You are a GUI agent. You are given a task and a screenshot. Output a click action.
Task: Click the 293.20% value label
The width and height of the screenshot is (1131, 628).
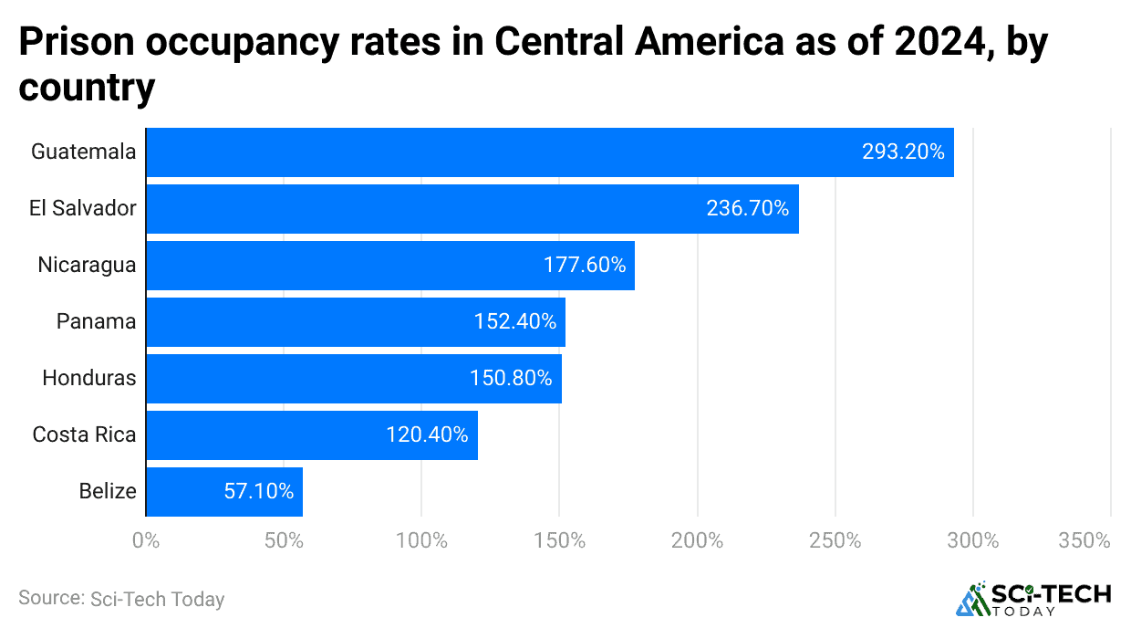tap(903, 152)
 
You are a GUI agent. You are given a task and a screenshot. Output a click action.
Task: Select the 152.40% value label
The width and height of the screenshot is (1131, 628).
tap(514, 322)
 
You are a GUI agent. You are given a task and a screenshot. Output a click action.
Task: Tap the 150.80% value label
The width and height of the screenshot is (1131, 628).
tap(511, 379)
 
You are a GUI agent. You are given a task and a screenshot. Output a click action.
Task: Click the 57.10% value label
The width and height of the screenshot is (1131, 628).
tap(259, 492)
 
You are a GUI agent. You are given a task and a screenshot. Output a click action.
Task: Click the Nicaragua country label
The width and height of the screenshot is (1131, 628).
tap(87, 266)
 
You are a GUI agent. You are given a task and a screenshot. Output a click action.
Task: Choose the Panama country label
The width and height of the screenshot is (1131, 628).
tap(96, 322)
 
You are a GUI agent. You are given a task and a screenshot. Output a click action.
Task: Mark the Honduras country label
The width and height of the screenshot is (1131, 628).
tap(89, 379)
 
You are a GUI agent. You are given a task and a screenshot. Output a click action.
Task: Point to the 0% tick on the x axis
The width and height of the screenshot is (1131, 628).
tap(146, 540)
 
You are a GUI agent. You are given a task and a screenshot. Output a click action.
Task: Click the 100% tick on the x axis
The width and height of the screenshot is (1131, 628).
tap(421, 540)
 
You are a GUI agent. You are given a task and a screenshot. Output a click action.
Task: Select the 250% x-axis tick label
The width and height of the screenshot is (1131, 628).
tap(835, 540)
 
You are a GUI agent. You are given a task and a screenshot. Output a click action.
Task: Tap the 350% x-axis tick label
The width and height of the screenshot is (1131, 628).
tap(1084, 540)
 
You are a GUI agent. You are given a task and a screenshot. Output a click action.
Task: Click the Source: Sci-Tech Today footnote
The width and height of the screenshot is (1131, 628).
tap(121, 599)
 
